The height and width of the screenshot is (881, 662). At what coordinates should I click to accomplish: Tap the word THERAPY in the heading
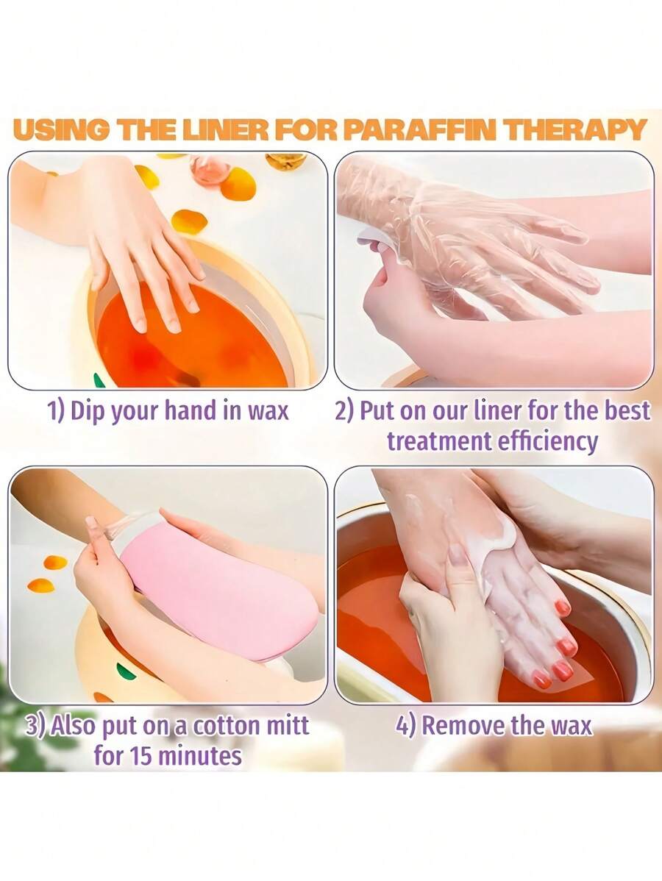click(580, 129)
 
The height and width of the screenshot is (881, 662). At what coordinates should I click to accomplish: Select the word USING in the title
click(60, 129)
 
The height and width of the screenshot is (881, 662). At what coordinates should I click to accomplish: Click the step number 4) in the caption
click(407, 726)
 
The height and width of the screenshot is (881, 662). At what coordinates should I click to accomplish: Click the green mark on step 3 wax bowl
click(126, 671)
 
